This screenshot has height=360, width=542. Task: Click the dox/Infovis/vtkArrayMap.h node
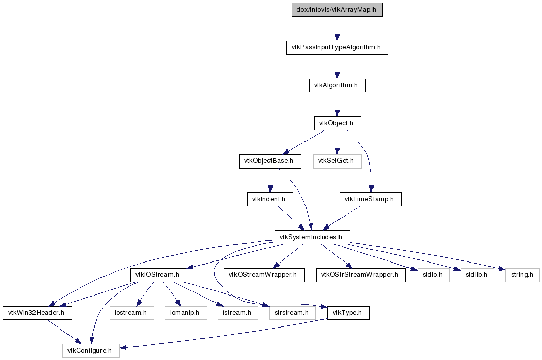pos(337,10)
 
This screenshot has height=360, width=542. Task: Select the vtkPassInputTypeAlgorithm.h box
pos(337,47)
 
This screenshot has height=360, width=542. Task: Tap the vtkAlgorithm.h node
pos(337,85)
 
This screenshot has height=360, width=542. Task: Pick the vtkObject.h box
pos(337,123)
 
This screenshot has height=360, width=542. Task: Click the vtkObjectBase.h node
pos(270,161)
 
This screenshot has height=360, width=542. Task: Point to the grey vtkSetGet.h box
pos(337,161)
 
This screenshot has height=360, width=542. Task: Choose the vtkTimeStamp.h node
pos(370,199)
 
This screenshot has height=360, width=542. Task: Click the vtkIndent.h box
pos(270,199)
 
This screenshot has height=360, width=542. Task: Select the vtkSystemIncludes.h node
pos(312,237)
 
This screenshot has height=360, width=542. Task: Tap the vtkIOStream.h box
pos(159,275)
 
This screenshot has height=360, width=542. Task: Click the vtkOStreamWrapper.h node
pos(264,275)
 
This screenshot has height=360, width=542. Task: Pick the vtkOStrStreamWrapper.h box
pos(361,275)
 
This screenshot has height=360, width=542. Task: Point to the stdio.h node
pos(433,275)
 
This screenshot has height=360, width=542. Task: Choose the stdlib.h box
pos(478,275)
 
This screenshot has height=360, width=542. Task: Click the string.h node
pos(522,275)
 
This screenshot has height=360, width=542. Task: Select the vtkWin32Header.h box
pos(38,313)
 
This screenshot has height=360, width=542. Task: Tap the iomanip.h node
pos(186,313)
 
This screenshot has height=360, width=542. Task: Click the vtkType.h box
pos(349,313)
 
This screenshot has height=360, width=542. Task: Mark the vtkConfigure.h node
pos(91,351)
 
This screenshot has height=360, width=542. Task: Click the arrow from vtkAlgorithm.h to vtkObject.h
pos(337,105)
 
